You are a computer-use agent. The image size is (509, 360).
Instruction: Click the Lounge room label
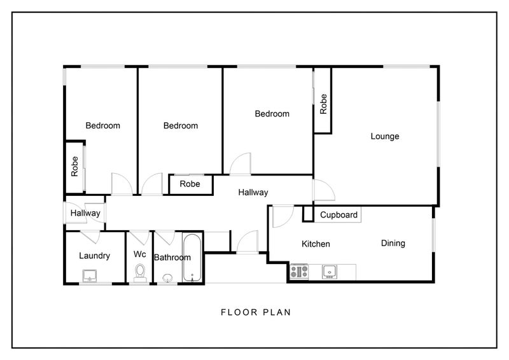(x=385, y=136)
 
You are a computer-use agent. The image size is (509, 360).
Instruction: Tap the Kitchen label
(x=316, y=244)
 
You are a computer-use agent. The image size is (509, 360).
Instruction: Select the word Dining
(x=393, y=244)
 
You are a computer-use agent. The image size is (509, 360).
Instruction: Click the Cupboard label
(x=338, y=215)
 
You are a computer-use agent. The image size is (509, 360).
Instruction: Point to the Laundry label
(x=94, y=256)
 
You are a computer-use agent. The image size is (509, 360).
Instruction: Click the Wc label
(x=139, y=254)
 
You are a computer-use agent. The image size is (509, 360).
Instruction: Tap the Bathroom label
(x=172, y=258)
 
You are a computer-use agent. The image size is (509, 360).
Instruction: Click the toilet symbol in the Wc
(x=140, y=273)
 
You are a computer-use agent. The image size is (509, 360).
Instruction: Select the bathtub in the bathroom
(x=192, y=258)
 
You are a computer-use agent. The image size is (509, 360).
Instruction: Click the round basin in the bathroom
(x=167, y=278)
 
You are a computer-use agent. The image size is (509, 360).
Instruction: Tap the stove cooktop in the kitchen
(x=299, y=272)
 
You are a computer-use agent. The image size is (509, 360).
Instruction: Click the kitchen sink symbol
(x=330, y=272)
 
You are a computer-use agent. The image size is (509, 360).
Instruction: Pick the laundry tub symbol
(x=89, y=276)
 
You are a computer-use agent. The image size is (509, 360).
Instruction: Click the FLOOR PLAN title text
(x=256, y=312)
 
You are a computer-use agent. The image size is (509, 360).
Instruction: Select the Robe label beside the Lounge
(x=323, y=104)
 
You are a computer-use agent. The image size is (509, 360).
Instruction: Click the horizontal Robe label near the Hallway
(x=190, y=184)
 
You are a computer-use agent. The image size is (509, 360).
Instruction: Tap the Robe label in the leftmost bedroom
(x=74, y=167)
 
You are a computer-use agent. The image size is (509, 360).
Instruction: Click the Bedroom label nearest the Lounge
(x=272, y=114)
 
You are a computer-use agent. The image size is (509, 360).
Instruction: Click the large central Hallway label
(x=253, y=193)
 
